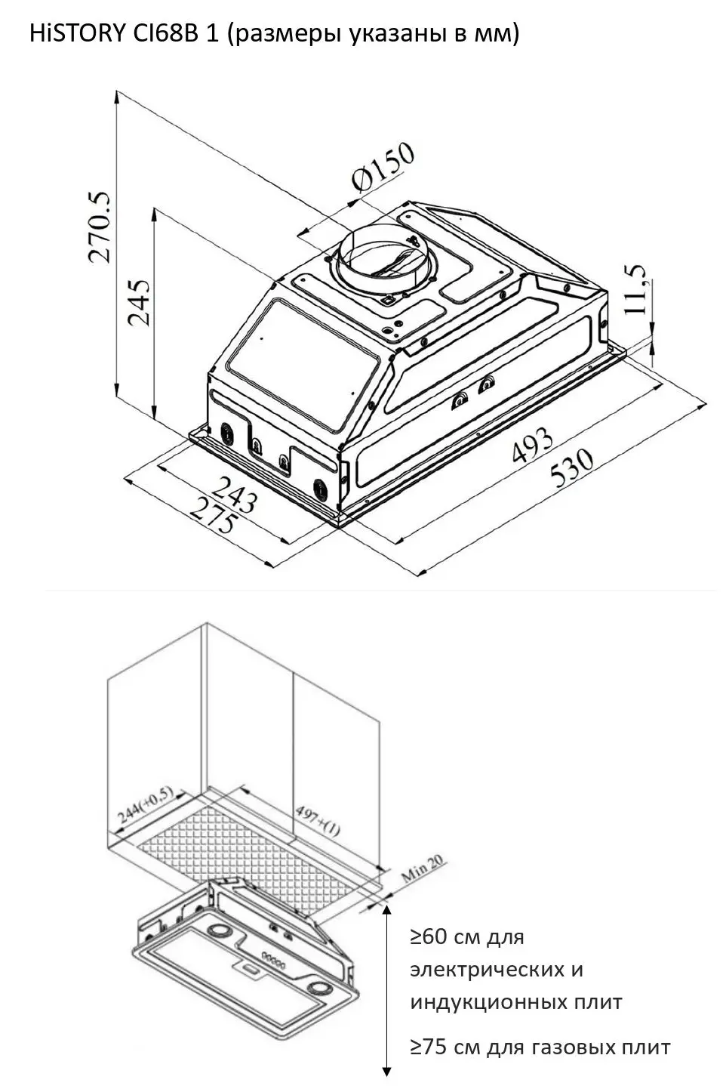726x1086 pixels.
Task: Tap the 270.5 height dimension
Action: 100,227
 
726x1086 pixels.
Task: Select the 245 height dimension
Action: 139,302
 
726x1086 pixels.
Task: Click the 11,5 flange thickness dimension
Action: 635,289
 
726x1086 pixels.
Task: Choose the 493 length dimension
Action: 532,444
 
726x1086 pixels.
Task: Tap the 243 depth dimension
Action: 234,494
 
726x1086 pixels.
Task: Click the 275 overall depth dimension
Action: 214,516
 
